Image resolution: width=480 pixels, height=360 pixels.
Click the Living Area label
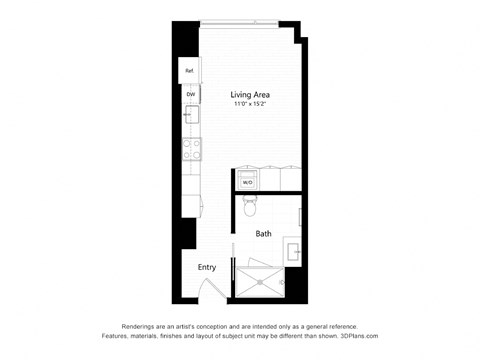click(251, 95)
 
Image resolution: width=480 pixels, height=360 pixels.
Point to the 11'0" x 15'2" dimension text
click(251, 105)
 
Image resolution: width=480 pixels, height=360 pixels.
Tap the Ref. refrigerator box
click(189, 71)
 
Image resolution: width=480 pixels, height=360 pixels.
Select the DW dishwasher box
click(189, 94)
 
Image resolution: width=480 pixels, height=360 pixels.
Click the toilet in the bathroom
click(251, 207)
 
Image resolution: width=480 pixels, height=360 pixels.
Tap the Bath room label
click(263, 235)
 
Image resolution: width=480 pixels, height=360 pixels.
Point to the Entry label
click(207, 267)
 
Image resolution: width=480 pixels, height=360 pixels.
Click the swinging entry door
click(210, 294)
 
